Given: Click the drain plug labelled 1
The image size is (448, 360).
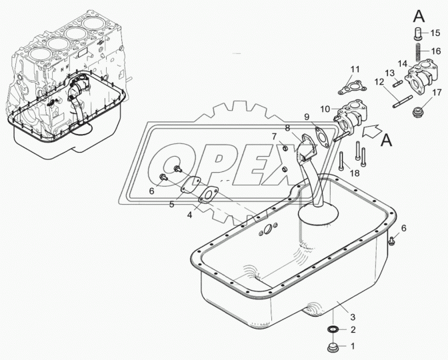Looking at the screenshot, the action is (x=333, y=348).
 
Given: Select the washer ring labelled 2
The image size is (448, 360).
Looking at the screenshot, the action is (x=333, y=330).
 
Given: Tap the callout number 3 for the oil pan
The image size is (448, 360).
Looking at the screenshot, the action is (x=353, y=317).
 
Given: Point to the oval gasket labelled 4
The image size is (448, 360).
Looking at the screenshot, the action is (x=208, y=195).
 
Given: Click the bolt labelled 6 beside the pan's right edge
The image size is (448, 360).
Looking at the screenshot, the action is (x=392, y=241).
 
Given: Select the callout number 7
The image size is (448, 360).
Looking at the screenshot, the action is (x=274, y=136).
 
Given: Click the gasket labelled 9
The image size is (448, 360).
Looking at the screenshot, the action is (x=322, y=138).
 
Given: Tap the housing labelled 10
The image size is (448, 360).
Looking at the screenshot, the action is (x=351, y=117).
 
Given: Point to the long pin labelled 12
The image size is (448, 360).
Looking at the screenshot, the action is (x=403, y=102).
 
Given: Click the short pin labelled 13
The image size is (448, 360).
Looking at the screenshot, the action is (x=398, y=84).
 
